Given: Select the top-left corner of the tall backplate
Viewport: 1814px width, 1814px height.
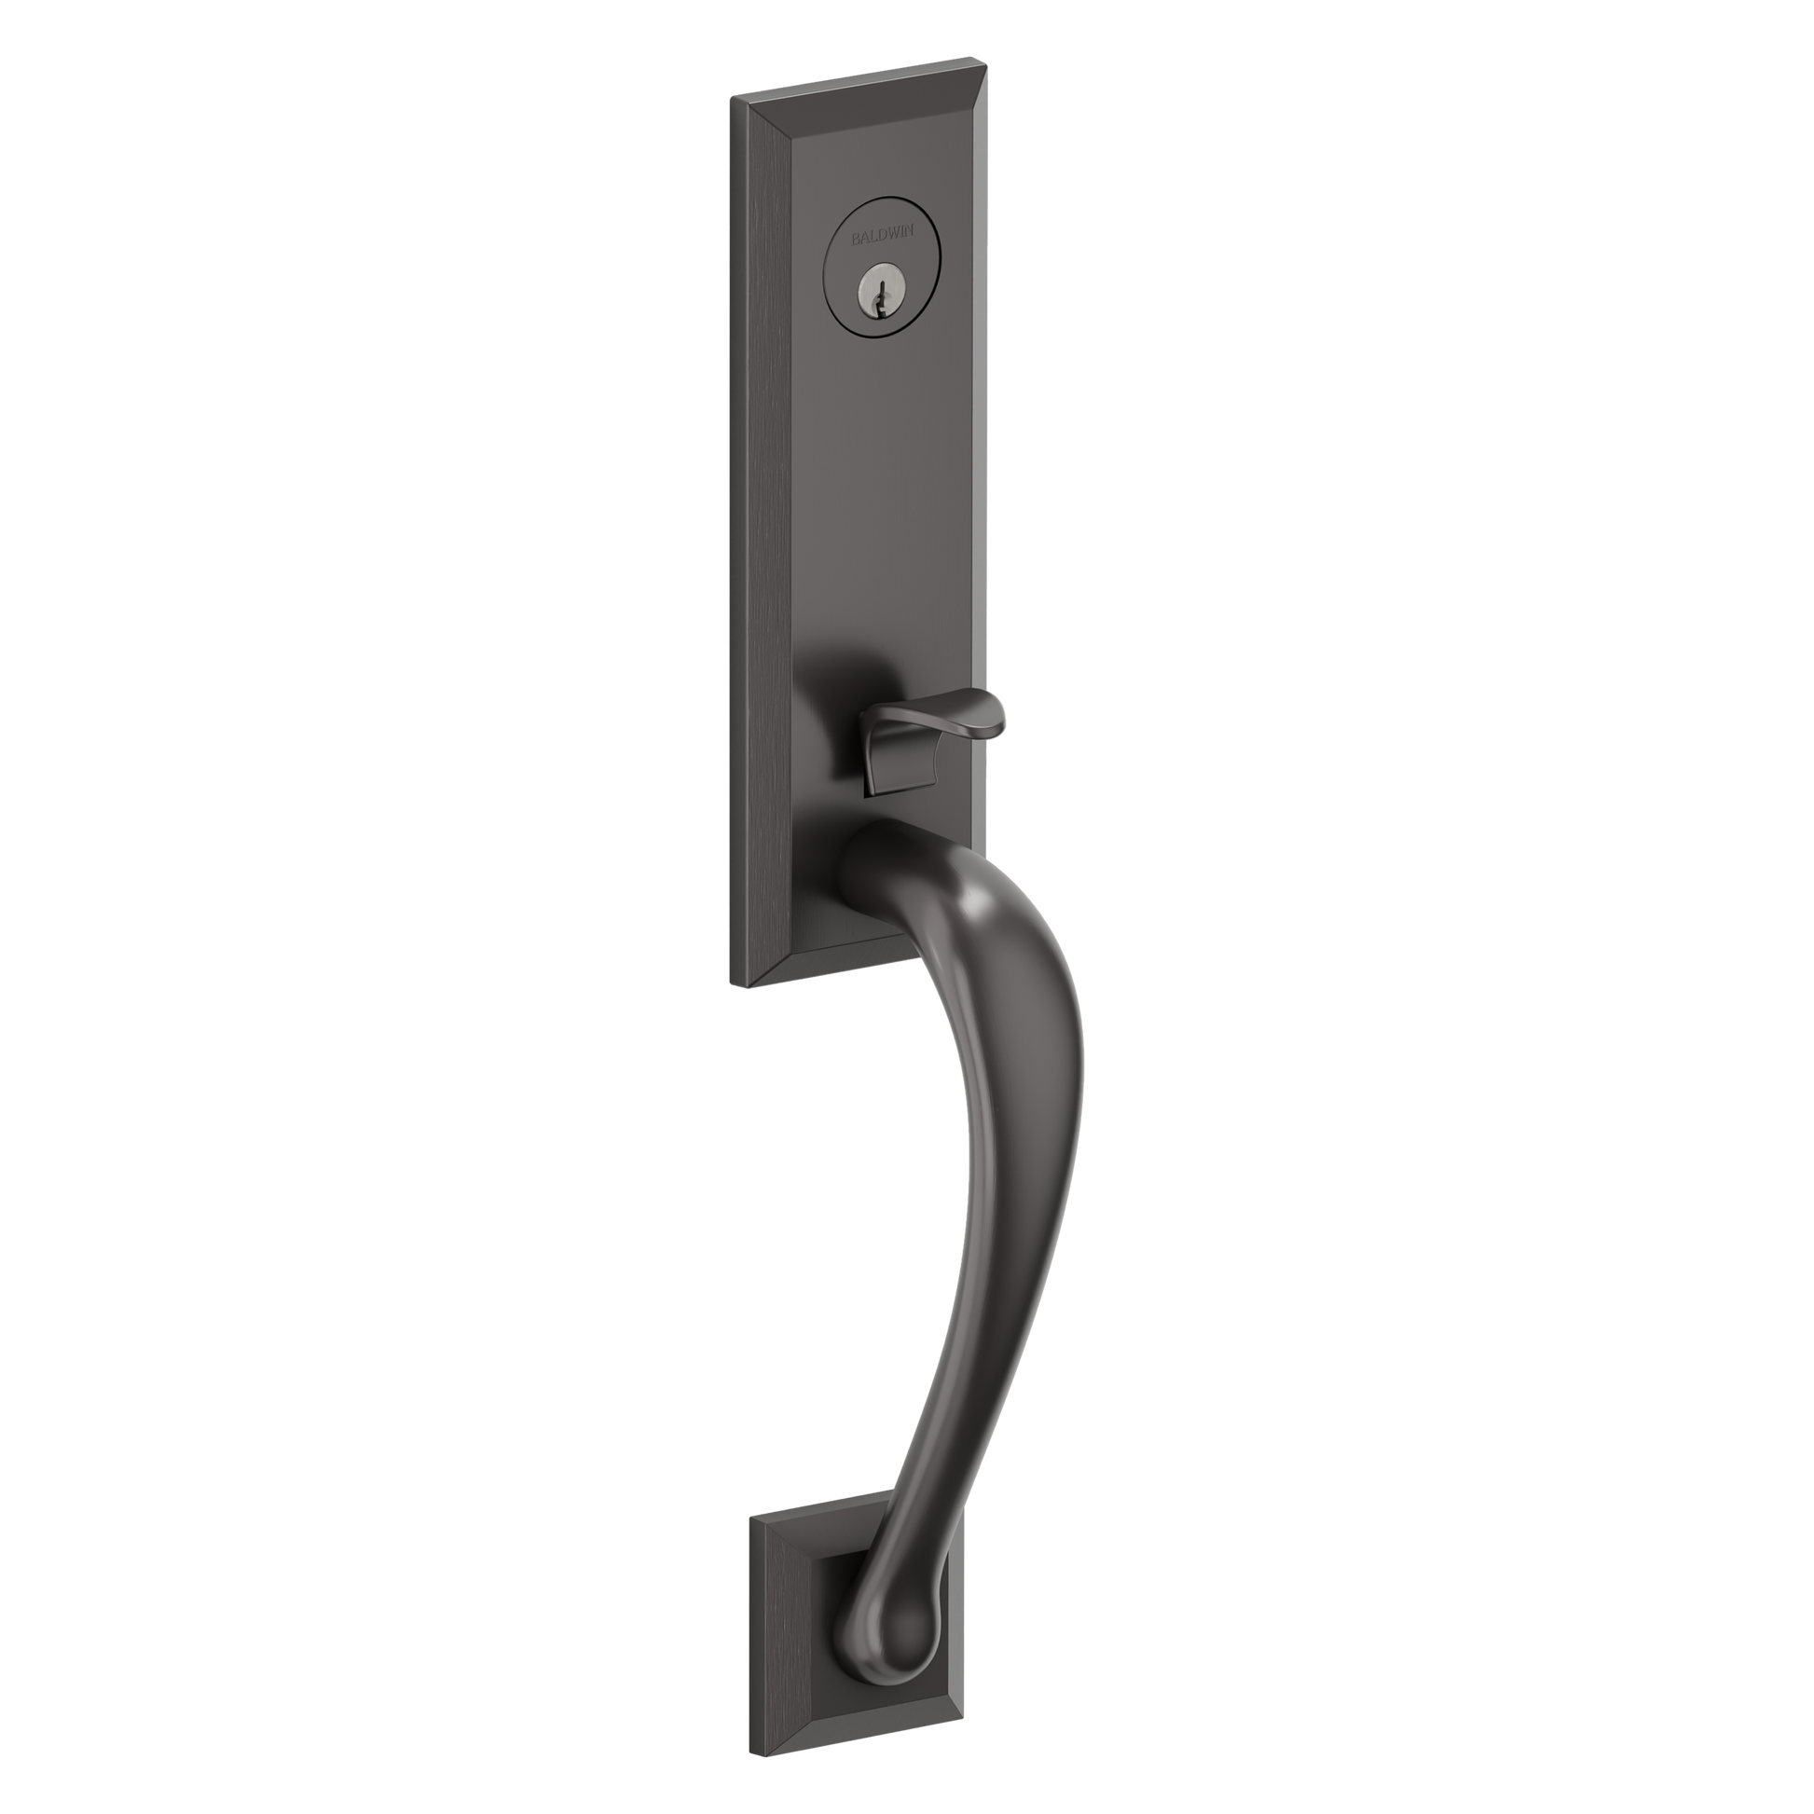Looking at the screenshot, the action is (x=731, y=96).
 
